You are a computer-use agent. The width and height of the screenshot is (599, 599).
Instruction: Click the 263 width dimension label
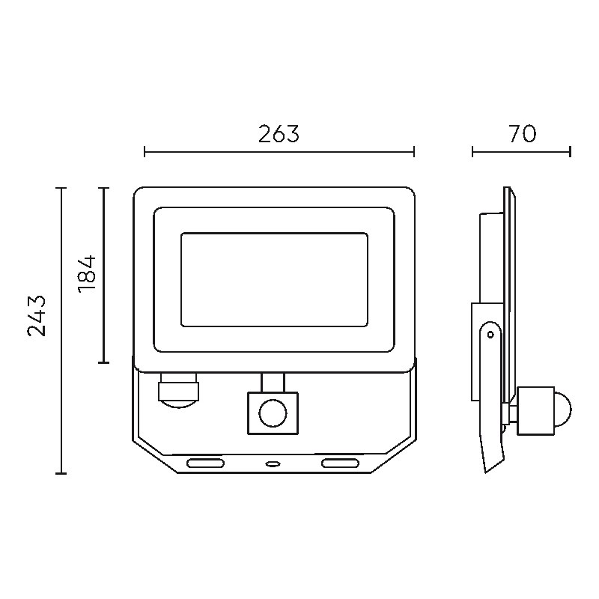pyautogui.click(x=279, y=134)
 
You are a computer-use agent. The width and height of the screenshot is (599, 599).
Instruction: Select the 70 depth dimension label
pyautogui.click(x=523, y=134)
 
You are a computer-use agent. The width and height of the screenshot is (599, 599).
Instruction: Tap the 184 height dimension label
pyautogui.click(x=87, y=274)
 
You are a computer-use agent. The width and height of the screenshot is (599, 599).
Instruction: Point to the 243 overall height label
pyautogui.click(x=37, y=316)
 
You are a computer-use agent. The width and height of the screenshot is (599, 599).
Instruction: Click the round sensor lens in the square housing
pyautogui.click(x=273, y=413)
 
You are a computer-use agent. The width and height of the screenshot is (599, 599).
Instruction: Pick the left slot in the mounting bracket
pyautogui.click(x=205, y=463)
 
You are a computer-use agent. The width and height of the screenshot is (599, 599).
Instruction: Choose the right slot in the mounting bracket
pyautogui.click(x=340, y=463)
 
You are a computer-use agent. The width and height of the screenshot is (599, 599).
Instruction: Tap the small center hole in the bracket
pyautogui.click(x=273, y=463)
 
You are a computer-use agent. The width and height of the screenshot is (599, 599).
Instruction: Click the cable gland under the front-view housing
pyautogui.click(x=179, y=390)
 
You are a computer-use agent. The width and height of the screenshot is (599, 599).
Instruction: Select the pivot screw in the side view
pyautogui.click(x=491, y=335)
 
